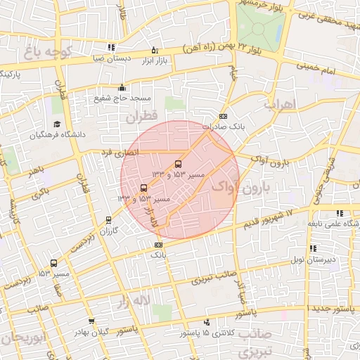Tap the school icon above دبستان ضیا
111,49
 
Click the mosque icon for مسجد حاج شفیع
122,88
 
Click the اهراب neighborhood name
280,104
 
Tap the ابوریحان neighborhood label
22,337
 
